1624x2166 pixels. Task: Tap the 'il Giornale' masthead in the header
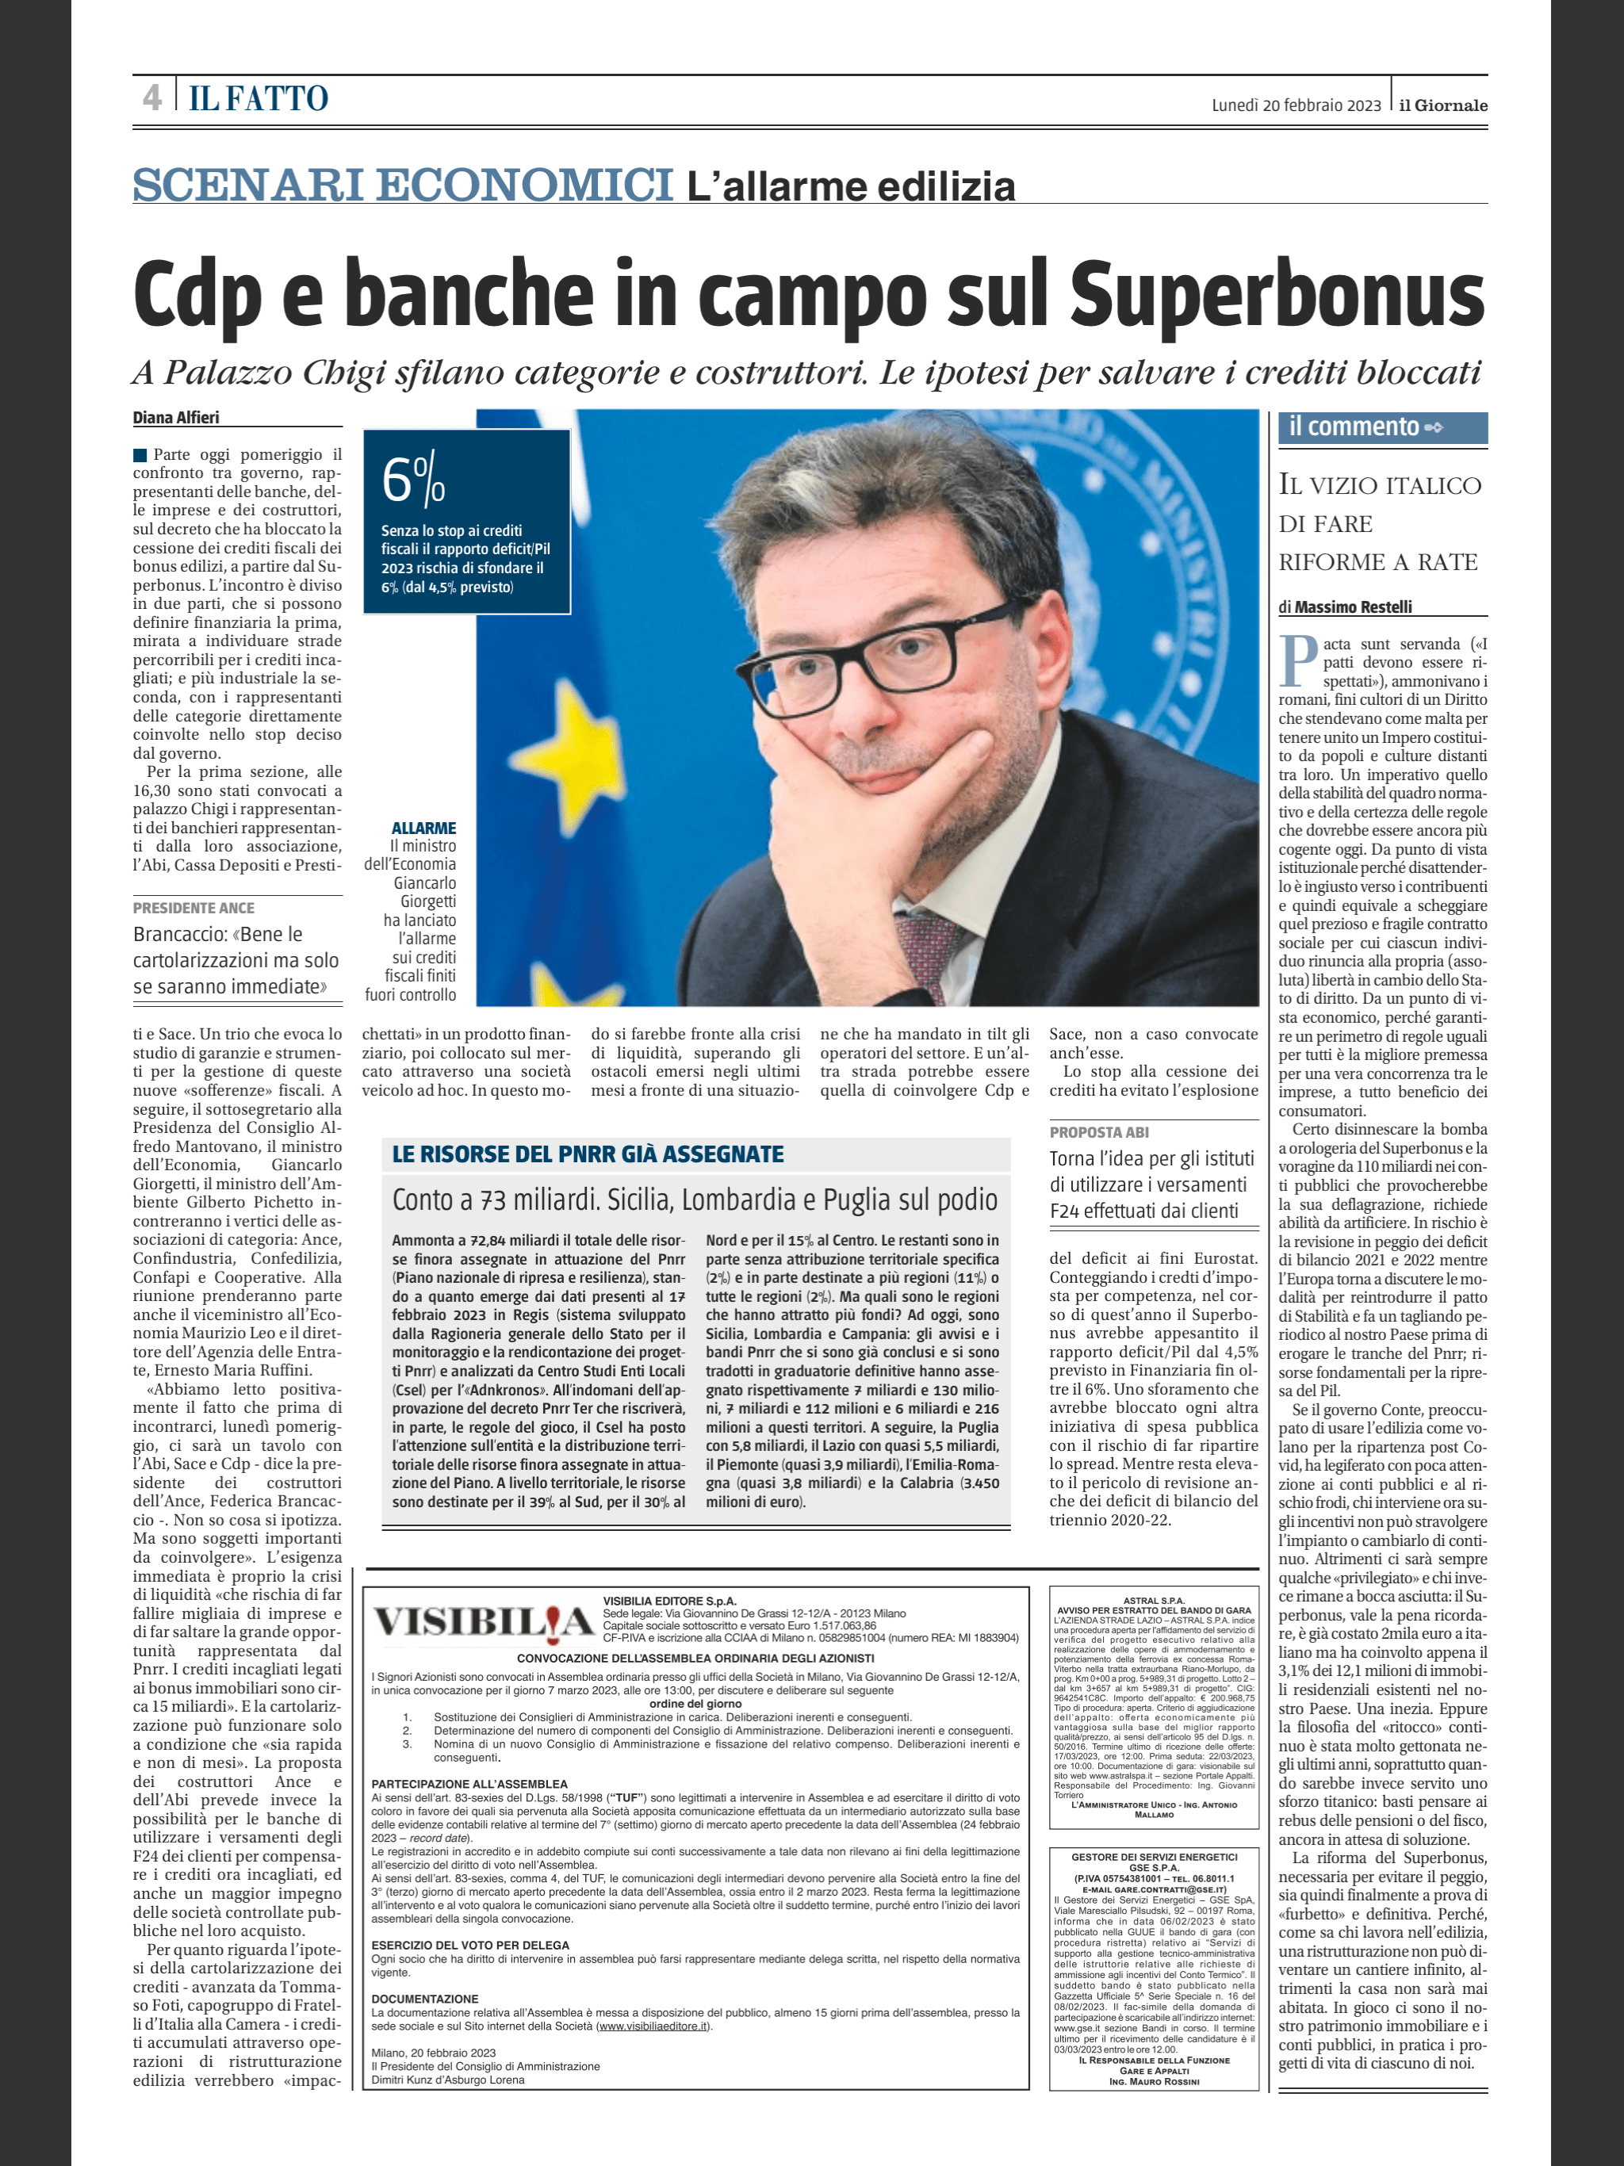(1442, 105)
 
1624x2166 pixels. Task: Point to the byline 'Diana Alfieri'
(176, 417)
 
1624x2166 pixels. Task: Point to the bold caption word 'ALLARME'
(423, 829)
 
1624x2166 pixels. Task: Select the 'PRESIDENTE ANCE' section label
(194, 909)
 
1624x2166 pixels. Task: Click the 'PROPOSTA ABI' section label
(1099, 1132)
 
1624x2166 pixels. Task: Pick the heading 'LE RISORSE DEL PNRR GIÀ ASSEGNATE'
(588, 1154)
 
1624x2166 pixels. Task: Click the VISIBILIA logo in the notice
(484, 1623)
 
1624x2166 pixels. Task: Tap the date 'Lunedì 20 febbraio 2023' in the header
(1296, 105)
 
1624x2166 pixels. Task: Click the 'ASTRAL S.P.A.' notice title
(1153, 1601)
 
